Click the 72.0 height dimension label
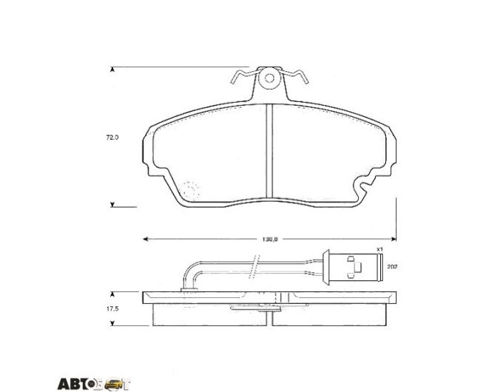click(112, 138)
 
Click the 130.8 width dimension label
click(270, 239)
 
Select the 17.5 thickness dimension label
click(112, 308)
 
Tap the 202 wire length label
click(392, 266)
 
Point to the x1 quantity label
click(379, 249)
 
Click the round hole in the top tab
click(269, 78)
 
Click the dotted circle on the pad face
click(191, 189)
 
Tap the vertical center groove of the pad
click(269, 151)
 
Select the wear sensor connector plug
click(353, 267)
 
